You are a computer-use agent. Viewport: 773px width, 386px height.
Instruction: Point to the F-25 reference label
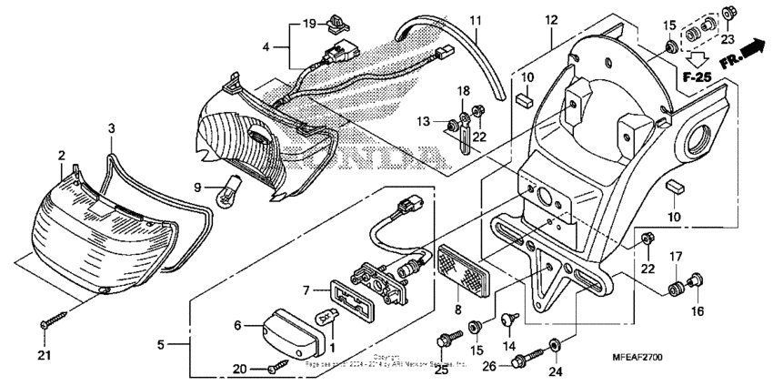tap(697, 77)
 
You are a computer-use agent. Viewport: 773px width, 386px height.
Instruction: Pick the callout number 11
tap(476, 21)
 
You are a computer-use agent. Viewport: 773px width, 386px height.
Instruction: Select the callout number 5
tap(161, 345)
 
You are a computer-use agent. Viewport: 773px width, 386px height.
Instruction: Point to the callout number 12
tap(551, 21)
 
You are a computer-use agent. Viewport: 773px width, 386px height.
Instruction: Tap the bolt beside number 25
tap(446, 340)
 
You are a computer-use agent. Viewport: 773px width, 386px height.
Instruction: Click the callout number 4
tap(266, 46)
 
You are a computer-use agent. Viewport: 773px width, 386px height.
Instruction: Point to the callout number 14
tap(507, 347)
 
